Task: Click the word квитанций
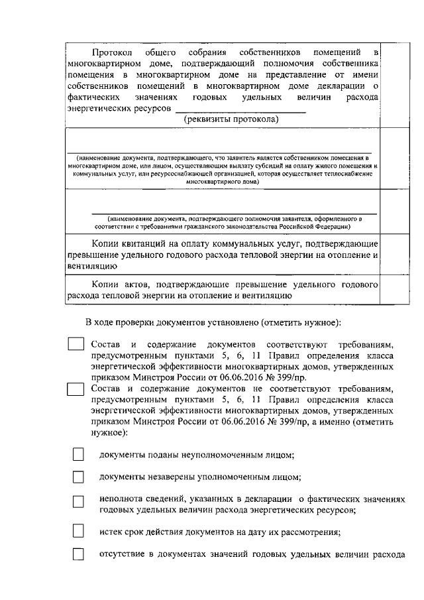pyautogui.click(x=151, y=243)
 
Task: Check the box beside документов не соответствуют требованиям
pyautogui.click(x=77, y=389)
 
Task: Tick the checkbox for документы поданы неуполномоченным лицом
pyautogui.click(x=78, y=455)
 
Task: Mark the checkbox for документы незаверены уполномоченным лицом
pyautogui.click(x=78, y=477)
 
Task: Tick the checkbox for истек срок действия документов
pyautogui.click(x=78, y=531)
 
